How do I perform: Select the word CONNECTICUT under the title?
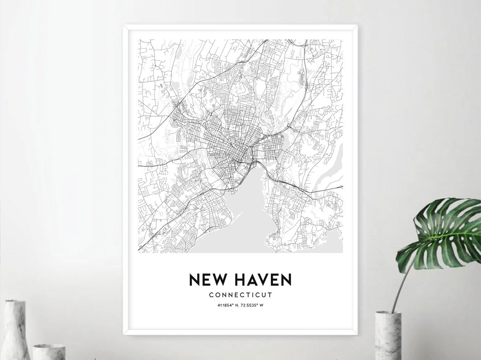click(x=240, y=295)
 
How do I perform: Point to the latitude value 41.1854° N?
click(x=226, y=305)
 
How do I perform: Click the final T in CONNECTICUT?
click(x=270, y=295)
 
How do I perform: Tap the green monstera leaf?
click(x=441, y=234)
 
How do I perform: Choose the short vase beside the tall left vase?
click(x=49, y=352)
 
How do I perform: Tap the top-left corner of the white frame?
click(x=124, y=26)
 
